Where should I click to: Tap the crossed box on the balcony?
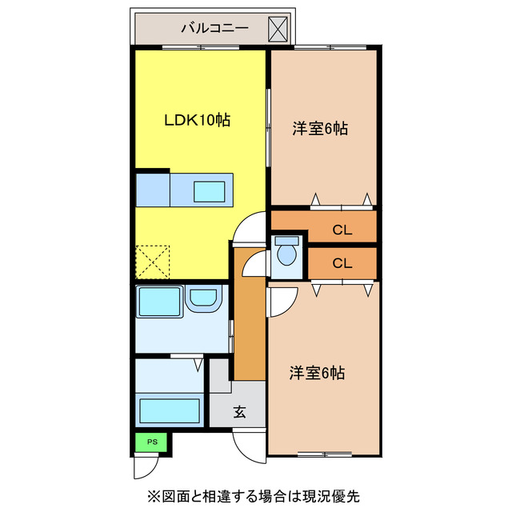(278, 30)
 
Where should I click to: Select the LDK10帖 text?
(198, 120)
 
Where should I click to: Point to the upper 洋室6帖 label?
(319, 128)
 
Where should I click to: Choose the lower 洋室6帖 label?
(318, 372)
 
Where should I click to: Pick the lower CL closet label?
(342, 262)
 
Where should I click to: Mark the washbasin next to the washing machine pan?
(204, 301)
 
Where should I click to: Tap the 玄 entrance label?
(238, 413)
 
